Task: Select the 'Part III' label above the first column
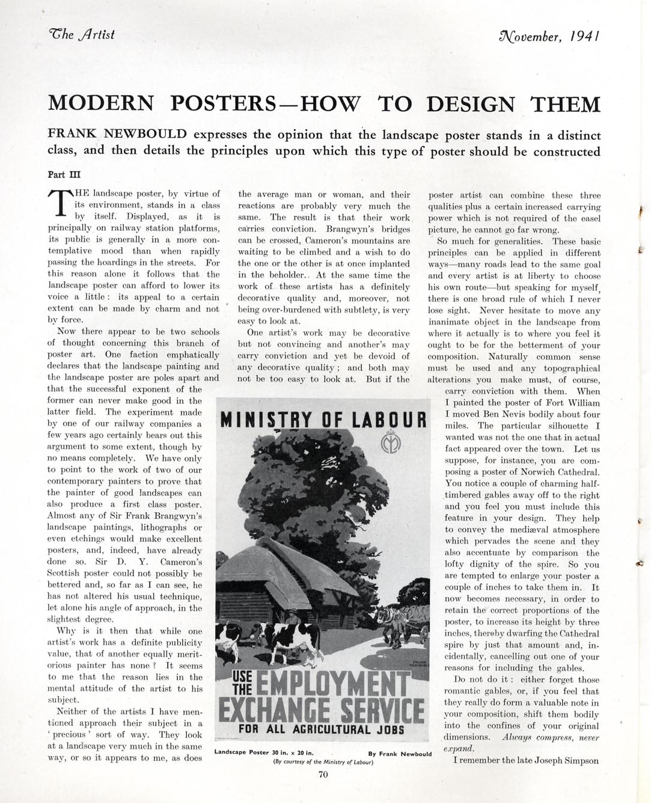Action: tap(64, 175)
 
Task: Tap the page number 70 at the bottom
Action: tap(323, 774)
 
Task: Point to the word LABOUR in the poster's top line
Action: tap(390, 420)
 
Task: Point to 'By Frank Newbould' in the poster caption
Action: tap(399, 754)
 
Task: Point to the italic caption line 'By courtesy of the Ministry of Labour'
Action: tap(323, 762)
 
